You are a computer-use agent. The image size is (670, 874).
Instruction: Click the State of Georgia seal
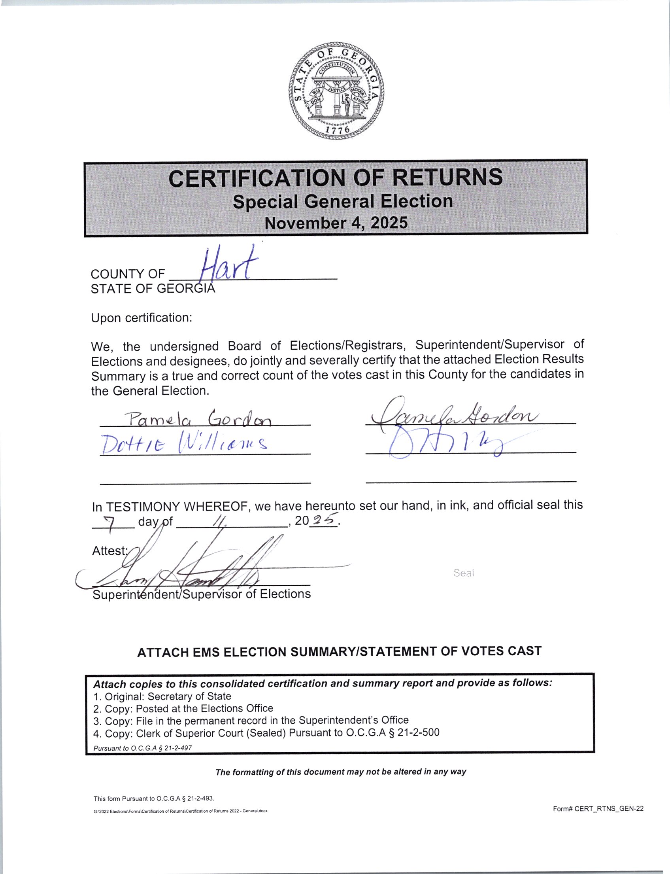[337, 90]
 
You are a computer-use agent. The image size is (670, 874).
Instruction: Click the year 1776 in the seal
[337, 130]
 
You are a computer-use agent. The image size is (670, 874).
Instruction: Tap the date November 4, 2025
[336, 223]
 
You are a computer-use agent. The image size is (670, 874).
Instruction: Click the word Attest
[109, 551]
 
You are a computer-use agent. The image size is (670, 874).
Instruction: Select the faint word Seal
[463, 573]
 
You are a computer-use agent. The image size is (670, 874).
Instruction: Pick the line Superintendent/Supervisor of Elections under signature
[202, 594]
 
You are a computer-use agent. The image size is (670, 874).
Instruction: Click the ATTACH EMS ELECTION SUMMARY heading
[340, 651]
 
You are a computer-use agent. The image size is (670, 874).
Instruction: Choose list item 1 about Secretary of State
[162, 696]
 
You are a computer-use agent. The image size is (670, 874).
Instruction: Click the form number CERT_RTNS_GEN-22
[598, 809]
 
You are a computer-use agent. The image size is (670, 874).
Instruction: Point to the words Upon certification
[142, 318]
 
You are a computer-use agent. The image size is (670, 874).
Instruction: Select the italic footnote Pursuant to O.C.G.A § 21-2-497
[142, 748]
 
